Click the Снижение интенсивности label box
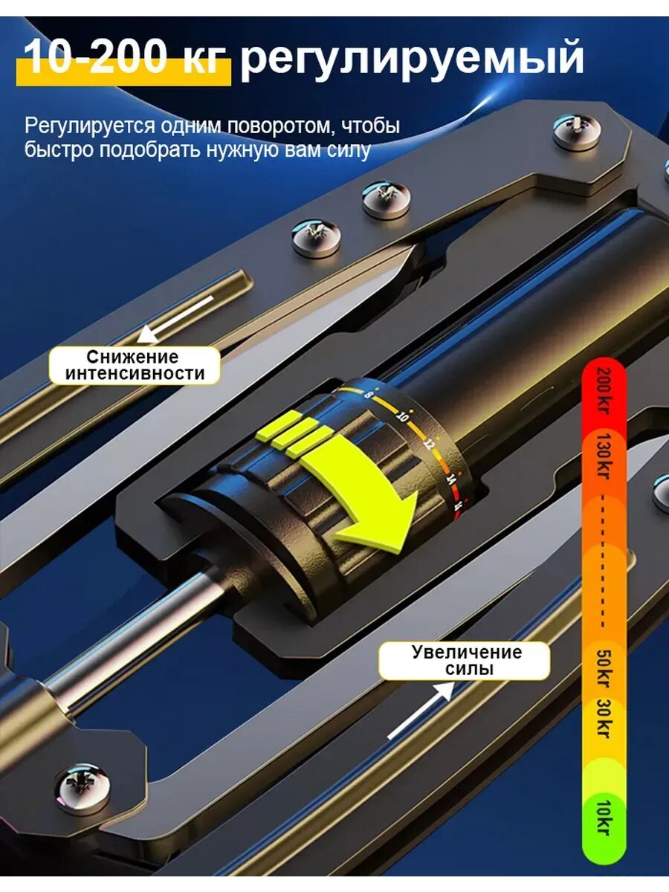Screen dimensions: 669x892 [135, 365]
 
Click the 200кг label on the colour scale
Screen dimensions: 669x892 [603, 390]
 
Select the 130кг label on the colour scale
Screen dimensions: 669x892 [603, 456]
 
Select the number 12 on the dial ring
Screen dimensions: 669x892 [427, 443]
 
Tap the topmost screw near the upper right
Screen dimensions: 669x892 [578, 130]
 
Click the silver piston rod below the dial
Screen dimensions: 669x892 [134, 634]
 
